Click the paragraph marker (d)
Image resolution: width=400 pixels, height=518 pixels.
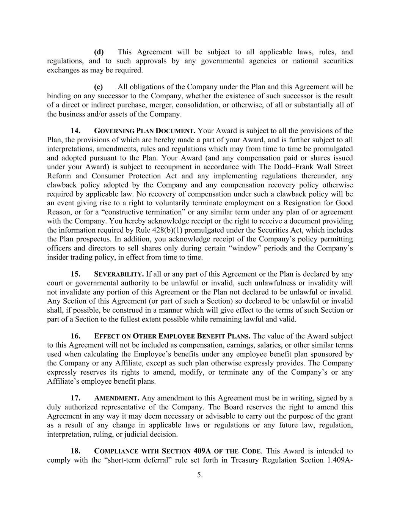[99, 52]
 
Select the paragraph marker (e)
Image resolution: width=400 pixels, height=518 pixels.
[99, 87]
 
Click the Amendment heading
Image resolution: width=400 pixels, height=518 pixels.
[116, 398]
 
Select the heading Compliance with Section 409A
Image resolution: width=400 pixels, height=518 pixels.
[177, 451]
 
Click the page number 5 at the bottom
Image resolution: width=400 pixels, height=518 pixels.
[200, 475]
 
